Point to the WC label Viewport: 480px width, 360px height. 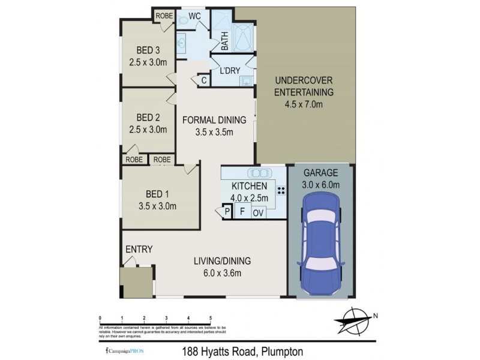194,15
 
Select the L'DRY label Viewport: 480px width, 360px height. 230,71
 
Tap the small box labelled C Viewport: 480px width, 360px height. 203,80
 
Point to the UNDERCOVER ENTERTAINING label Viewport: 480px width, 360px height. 304,86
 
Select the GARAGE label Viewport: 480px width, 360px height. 321,172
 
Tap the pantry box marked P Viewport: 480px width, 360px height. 227,211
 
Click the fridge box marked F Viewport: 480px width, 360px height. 242,211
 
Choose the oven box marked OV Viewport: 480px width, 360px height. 259,212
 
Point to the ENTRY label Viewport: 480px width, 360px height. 138,249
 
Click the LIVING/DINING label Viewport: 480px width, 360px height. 222,261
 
